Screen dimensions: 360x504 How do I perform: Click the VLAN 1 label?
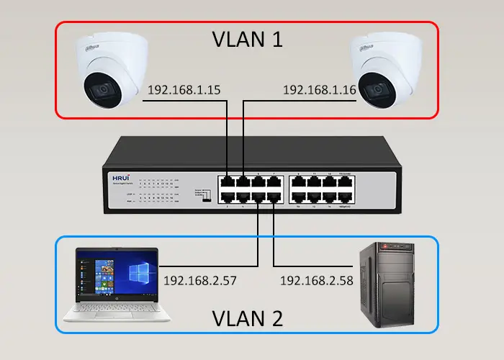pos(247,39)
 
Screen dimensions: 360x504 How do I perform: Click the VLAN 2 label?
pos(247,317)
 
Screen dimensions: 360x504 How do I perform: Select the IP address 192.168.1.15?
pos(184,90)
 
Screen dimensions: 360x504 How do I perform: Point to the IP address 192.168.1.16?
pos(319,90)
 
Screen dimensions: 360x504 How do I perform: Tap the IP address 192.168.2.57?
pos(199,280)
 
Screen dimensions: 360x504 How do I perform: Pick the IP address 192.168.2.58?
pos(316,280)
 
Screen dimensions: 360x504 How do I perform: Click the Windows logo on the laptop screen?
pos(138,274)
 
